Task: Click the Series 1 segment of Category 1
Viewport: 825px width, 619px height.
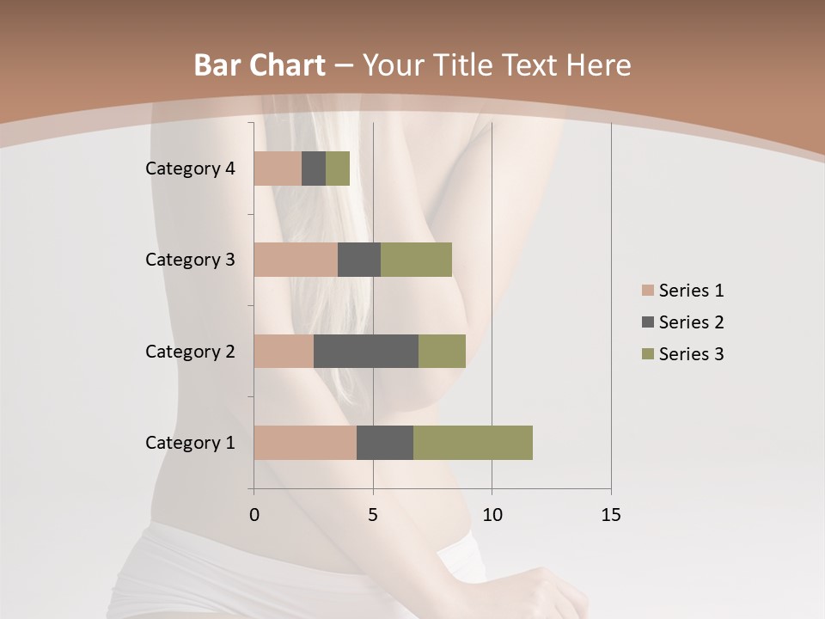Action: [305, 443]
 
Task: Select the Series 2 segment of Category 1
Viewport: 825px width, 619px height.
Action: [385, 443]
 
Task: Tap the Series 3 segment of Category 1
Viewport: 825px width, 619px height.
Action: [473, 443]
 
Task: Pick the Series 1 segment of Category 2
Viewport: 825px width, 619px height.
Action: [284, 351]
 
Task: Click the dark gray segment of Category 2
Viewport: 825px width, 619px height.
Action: [366, 351]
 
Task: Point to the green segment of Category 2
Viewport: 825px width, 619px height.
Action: [442, 351]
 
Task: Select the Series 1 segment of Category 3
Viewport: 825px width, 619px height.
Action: [296, 260]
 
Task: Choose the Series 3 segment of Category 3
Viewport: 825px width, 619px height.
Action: [416, 260]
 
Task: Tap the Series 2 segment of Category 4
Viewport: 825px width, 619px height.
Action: [314, 169]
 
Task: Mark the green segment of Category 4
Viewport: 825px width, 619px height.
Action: [338, 169]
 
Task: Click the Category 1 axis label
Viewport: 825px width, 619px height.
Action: [190, 443]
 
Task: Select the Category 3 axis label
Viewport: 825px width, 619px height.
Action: [190, 260]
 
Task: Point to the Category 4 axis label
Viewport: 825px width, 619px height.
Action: [190, 169]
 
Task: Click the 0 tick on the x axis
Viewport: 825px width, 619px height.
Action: [254, 515]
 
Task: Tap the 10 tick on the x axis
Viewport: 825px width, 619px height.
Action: [492, 515]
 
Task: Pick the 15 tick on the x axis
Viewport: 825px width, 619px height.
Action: [611, 515]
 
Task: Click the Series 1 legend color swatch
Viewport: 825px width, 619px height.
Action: [647, 291]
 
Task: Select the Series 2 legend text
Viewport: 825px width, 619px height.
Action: [691, 322]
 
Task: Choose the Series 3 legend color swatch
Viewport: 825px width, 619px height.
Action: [647, 354]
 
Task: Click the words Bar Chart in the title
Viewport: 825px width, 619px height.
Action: [259, 65]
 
